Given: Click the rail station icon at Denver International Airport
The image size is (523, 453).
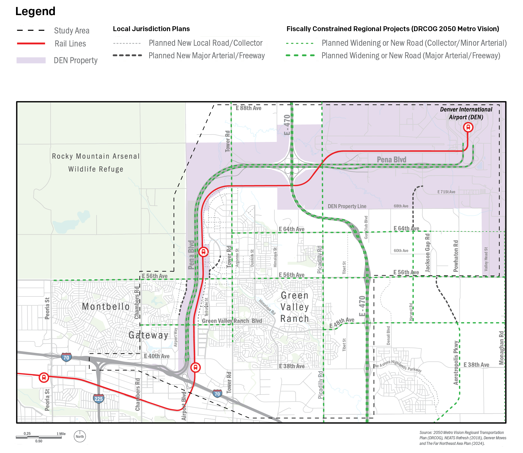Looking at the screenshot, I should click(x=468, y=127).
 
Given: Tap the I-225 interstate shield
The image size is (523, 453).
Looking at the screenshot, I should click(x=98, y=399).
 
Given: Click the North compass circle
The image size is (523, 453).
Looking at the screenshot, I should click(x=80, y=437).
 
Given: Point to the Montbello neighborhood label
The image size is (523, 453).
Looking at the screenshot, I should click(x=106, y=307).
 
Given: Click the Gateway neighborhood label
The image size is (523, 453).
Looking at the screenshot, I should click(x=149, y=335).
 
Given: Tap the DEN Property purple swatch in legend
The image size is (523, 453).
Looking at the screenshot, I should click(x=31, y=60).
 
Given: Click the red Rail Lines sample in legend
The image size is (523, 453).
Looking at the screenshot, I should click(x=31, y=43).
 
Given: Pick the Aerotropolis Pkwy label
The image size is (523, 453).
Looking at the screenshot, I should click(x=456, y=363).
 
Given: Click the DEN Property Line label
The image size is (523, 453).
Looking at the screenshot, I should click(x=347, y=206).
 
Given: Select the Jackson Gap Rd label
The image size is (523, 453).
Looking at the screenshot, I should click(x=427, y=253).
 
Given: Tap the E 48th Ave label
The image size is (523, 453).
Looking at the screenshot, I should click(x=341, y=323).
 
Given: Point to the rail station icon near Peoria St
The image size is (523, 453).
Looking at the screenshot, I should click(x=44, y=378).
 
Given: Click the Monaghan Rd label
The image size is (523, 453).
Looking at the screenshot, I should click(x=501, y=348).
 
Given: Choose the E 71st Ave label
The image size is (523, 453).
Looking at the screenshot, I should click(x=446, y=192).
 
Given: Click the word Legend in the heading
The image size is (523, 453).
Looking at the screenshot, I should click(x=35, y=11).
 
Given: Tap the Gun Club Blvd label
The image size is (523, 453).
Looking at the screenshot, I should click(x=366, y=227).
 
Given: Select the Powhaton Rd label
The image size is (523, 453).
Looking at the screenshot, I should click(x=456, y=256).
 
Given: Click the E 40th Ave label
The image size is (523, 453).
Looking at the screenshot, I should click(x=157, y=356).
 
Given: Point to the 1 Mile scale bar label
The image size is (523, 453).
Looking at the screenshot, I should click(x=61, y=434).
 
